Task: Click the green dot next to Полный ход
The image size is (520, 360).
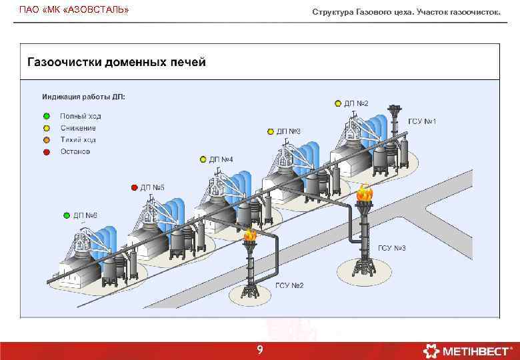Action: click(x=47, y=116)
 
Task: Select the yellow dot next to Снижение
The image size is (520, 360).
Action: click(x=47, y=128)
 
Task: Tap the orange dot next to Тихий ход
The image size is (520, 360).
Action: click(x=47, y=140)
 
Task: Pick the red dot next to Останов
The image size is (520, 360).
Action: click(x=47, y=152)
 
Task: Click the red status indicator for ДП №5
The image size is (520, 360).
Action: click(x=134, y=187)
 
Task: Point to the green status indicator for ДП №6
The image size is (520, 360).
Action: click(x=67, y=215)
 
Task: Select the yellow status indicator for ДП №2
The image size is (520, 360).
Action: click(x=338, y=103)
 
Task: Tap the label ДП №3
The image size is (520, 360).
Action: click(x=289, y=131)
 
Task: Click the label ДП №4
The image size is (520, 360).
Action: click(x=221, y=159)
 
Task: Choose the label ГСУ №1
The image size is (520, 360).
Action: click(x=421, y=121)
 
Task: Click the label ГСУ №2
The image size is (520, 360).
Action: click(x=289, y=286)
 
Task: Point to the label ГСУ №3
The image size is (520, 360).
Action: click(x=392, y=248)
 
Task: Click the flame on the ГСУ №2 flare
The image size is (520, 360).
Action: click(x=250, y=234)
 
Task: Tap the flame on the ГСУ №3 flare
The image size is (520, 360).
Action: click(x=364, y=193)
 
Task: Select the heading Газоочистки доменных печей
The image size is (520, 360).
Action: click(x=117, y=62)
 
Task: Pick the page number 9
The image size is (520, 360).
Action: click(x=260, y=351)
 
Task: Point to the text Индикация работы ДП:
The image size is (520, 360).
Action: click(x=84, y=97)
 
